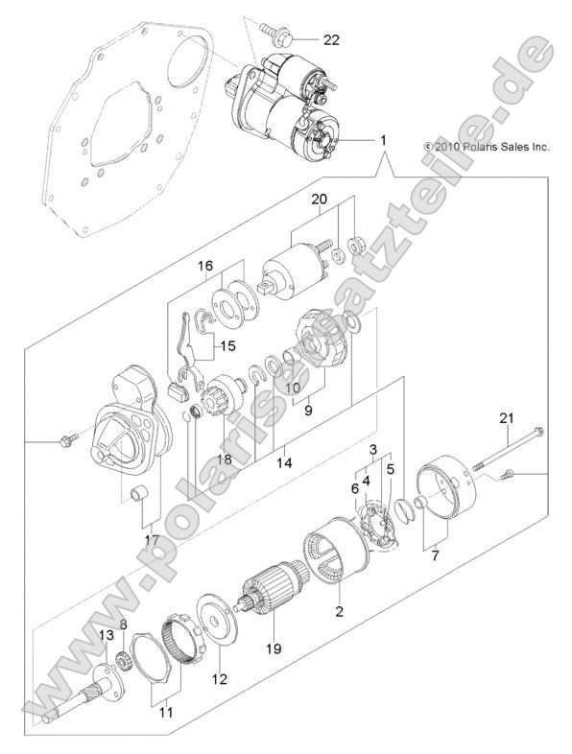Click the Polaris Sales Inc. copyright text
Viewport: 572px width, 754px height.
(486, 147)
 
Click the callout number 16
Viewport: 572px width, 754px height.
(204, 266)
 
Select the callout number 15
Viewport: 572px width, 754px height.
(227, 345)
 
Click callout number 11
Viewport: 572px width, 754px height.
(166, 713)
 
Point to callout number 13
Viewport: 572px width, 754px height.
(107, 635)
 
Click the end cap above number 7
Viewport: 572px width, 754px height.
(447, 493)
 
